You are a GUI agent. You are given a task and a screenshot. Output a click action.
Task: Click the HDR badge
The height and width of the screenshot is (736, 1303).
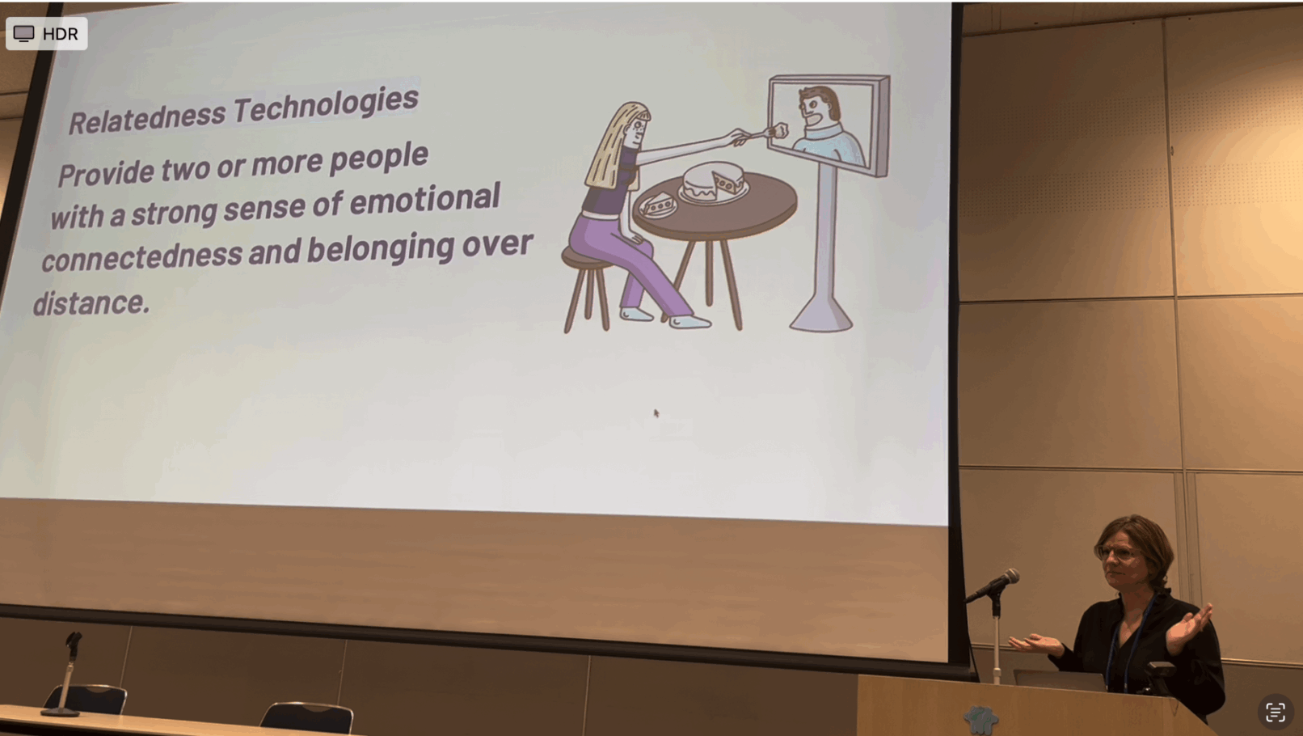coord(47,34)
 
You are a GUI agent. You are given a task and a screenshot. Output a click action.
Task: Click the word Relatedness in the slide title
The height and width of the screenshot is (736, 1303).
coord(147,117)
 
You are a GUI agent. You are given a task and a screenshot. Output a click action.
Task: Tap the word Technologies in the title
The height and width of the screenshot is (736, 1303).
coord(326,105)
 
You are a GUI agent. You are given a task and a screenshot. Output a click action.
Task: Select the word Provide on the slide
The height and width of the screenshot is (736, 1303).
coord(105,173)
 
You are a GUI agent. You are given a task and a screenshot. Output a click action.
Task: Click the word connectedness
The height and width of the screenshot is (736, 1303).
coord(141,256)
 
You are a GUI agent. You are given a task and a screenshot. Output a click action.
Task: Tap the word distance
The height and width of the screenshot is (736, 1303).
coord(91,303)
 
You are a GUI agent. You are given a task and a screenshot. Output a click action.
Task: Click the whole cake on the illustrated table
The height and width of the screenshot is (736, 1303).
coord(714,181)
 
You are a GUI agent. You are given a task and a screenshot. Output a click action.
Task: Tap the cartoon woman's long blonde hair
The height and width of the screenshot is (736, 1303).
coord(614,146)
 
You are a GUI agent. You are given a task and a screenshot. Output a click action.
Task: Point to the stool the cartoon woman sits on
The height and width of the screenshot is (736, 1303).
coord(586,288)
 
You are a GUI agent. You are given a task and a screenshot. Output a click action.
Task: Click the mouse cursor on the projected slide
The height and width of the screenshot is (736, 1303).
coord(656,413)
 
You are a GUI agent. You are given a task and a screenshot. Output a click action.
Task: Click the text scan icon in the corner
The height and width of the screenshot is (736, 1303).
coord(1275,712)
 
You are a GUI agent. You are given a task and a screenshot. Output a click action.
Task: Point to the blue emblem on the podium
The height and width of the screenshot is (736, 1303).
coord(980,720)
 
